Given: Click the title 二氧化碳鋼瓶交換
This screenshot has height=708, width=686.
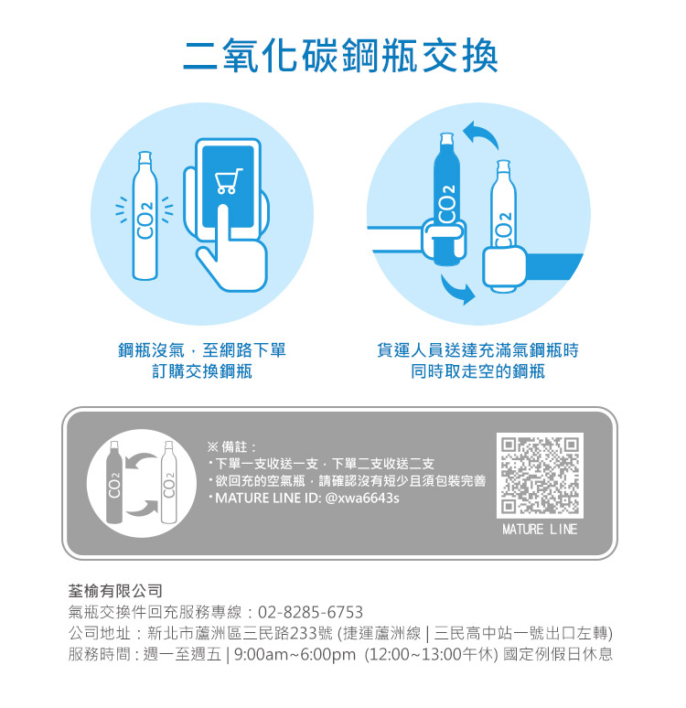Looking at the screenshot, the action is tap(340, 56).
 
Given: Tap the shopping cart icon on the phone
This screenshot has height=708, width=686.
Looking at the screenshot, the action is tap(229, 180).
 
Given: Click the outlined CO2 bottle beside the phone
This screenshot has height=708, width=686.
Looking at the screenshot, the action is tap(145, 215).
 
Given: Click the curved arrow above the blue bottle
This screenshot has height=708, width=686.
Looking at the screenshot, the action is tap(482, 134).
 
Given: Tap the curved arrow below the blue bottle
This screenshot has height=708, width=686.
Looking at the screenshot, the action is tap(457, 290).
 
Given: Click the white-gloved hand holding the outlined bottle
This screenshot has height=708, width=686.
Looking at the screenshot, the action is tap(504, 267).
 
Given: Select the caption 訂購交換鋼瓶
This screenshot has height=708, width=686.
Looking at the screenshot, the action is tap(202, 371).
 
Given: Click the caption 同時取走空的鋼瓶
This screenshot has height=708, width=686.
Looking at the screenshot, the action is tap(477, 371).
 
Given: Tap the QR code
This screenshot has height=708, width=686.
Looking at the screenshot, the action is tap(540, 476).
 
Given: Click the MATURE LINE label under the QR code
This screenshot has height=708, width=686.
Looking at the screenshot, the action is tap(540, 530).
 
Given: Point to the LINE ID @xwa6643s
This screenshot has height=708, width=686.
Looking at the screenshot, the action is tap(362, 498).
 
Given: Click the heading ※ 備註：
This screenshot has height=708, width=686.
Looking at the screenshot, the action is tap(231, 447).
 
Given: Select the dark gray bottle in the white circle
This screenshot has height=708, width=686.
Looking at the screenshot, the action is tap(113, 482).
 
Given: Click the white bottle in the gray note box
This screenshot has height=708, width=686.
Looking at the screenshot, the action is tap(168, 482).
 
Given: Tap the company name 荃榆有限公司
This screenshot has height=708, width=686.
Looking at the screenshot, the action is tap(115, 591).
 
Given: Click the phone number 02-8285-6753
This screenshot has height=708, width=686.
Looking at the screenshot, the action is tap(310, 612).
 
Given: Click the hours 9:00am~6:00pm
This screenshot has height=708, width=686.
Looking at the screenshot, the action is tap(295, 654).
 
